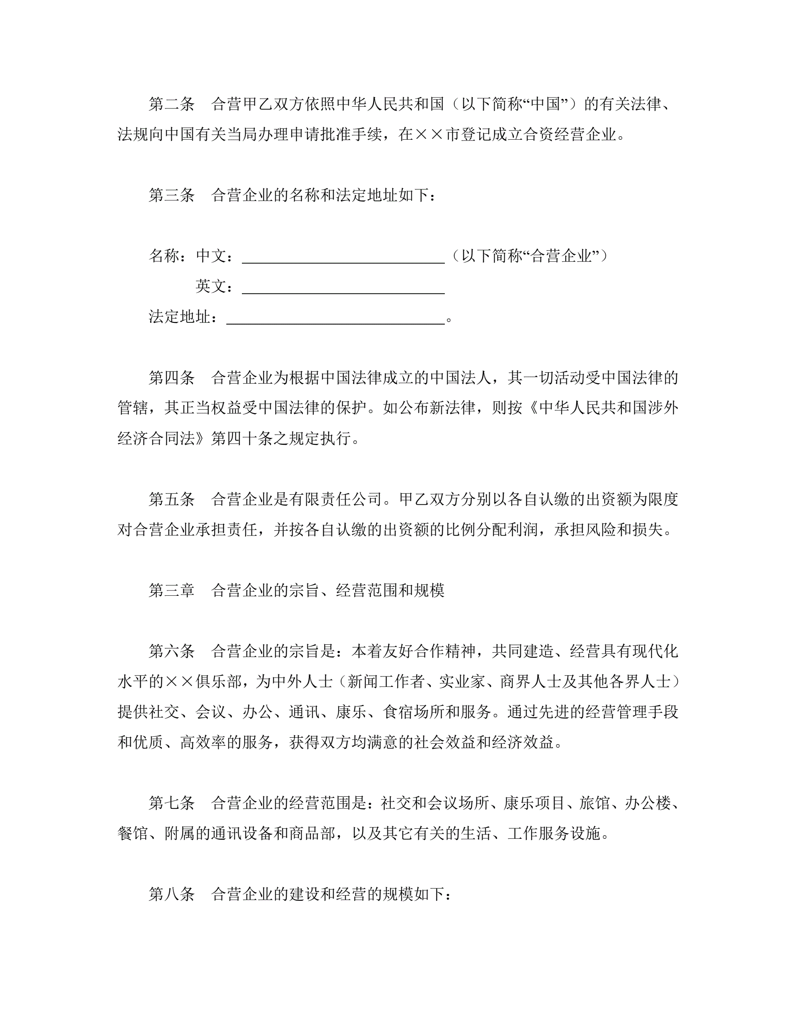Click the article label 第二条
pos(172,104)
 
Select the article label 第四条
pos(172,378)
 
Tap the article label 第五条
pos(172,499)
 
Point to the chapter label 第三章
pos(172,591)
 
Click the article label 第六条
pos(172,651)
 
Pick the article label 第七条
pos(172,803)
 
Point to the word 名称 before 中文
pos(164,256)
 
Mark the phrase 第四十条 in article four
pos(242,439)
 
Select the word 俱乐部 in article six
pos(219,682)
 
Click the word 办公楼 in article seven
pos(648,803)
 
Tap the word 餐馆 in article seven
pos(133,834)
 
